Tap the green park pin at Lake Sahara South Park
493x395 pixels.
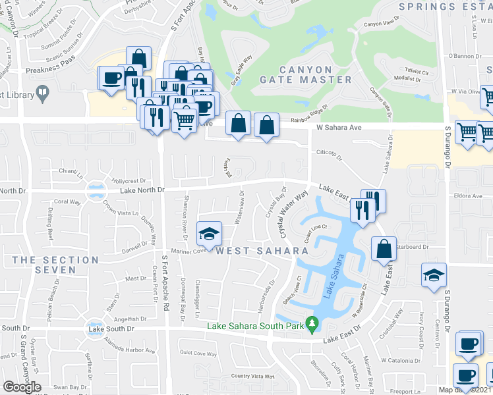[314, 324]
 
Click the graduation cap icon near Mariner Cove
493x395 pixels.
[209, 234]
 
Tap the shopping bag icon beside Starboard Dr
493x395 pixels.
[384, 250]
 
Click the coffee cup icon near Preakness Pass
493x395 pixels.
[111, 78]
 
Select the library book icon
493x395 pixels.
[43, 93]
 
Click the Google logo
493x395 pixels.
[22, 387]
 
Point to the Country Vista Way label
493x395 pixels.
[254, 376]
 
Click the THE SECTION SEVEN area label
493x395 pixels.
[55, 265]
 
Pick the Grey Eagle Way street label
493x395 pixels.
[243, 65]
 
